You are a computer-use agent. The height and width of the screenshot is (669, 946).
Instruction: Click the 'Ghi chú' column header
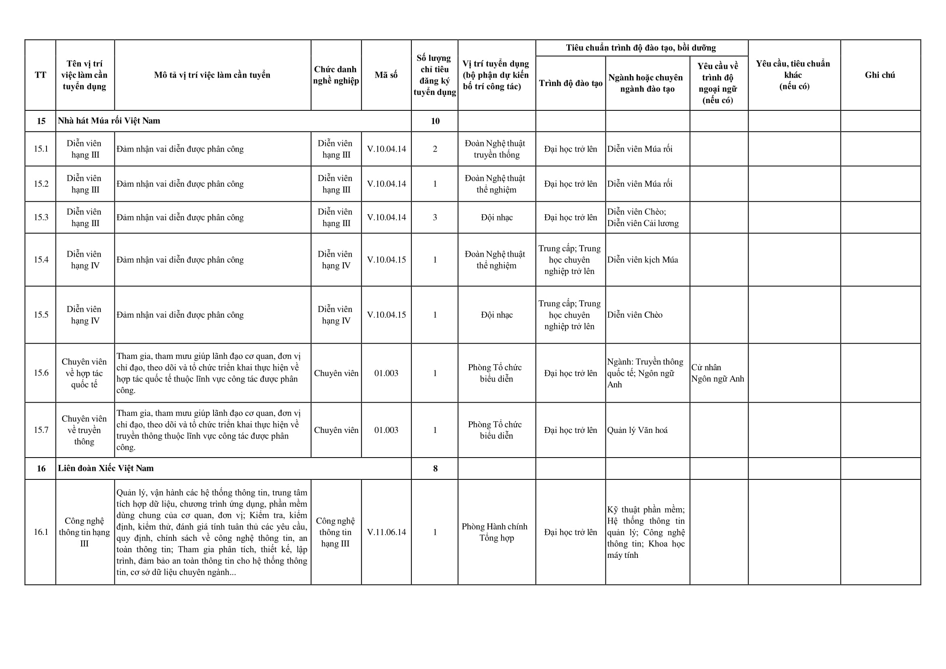tap(880, 75)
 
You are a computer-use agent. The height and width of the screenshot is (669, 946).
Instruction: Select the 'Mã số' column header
tap(386, 75)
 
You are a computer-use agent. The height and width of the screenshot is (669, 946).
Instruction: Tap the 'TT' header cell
tap(40, 75)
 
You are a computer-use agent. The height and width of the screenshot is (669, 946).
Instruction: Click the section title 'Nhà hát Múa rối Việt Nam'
tap(109, 121)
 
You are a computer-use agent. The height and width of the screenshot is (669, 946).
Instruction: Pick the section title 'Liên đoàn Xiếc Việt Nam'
tap(106, 469)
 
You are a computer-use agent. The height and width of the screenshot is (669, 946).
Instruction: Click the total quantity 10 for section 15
tap(435, 121)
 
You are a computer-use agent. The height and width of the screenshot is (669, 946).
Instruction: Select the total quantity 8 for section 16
tap(435, 469)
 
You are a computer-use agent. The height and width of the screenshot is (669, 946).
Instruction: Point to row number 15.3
tap(41, 217)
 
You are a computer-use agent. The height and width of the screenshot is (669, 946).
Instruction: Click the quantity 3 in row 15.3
tap(435, 217)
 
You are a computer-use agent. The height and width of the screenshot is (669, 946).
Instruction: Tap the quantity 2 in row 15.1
tap(435, 149)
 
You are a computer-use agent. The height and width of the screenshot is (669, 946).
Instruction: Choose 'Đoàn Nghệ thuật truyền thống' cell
tap(496, 149)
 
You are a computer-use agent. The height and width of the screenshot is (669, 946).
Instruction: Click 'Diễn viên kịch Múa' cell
tap(642, 260)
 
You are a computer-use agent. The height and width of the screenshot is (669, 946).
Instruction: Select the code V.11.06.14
tap(386, 532)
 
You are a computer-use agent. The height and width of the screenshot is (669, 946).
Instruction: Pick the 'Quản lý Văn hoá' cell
tap(637, 430)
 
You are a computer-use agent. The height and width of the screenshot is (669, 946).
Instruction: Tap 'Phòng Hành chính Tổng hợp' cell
tap(496, 532)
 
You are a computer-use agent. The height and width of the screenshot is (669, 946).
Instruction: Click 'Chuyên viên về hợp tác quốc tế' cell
tap(85, 373)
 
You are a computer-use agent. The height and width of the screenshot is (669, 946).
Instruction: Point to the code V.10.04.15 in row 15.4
tap(386, 260)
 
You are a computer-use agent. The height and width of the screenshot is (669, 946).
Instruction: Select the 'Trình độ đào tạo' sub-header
tap(571, 84)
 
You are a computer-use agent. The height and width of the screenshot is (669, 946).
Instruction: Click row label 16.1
tap(41, 532)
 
